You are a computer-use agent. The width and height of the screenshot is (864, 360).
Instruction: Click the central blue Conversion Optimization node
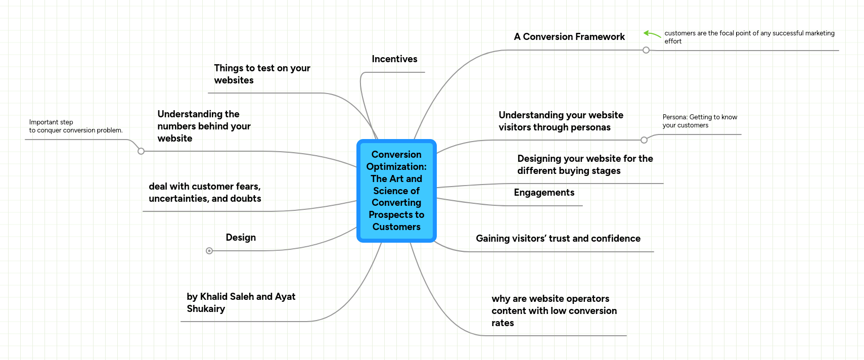tap(396, 191)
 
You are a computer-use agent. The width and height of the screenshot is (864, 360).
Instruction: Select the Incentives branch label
tap(394, 59)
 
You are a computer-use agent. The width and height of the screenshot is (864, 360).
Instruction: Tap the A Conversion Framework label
tap(569, 37)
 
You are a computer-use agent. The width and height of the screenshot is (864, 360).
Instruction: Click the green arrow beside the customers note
tap(652, 34)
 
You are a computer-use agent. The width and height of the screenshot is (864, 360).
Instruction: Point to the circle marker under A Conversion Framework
tap(646, 50)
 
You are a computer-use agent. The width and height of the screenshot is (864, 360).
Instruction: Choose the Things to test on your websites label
tap(262, 74)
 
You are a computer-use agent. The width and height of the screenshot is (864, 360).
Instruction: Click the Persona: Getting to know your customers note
tap(700, 121)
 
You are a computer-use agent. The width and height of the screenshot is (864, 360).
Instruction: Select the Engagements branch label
tap(544, 193)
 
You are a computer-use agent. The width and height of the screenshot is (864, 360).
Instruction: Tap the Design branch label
tap(241, 238)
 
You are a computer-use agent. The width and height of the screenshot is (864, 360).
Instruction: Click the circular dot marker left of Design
tap(209, 251)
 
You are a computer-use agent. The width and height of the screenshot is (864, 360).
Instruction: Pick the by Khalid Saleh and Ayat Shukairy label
tap(241, 302)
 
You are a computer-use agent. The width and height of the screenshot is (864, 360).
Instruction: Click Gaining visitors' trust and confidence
tap(558, 239)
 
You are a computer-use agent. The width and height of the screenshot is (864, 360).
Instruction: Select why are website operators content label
tap(554, 310)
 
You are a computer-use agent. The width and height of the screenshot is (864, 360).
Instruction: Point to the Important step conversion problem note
tap(76, 126)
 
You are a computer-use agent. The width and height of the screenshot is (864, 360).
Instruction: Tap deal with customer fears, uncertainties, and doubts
tap(205, 193)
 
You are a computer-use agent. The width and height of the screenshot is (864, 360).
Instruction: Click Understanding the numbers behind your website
tap(204, 126)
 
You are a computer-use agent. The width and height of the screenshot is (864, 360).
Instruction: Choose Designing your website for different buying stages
tap(585, 165)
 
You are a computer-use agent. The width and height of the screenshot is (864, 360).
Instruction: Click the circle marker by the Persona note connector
tap(644, 140)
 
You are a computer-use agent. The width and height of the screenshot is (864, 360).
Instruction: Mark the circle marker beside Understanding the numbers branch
tap(141, 151)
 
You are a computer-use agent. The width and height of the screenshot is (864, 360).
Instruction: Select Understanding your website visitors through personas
tap(561, 121)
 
